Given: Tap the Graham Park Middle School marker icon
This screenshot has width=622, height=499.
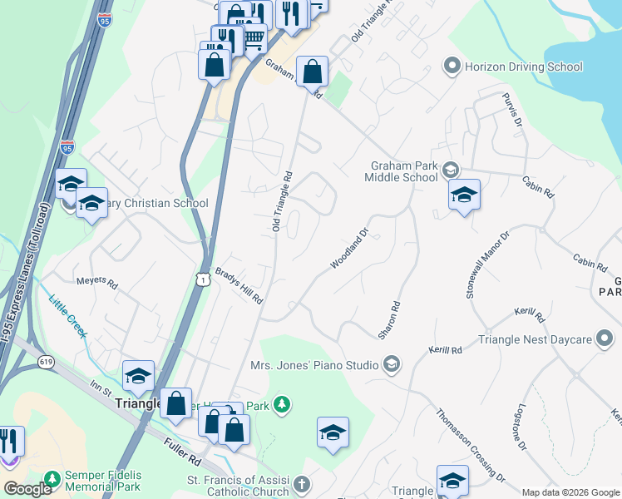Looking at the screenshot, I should point(451,170).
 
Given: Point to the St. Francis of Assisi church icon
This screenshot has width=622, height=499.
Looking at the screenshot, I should point(303,483).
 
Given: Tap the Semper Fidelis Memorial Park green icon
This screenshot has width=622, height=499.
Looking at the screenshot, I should point(52,480).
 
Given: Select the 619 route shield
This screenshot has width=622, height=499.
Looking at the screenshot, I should point(46,362).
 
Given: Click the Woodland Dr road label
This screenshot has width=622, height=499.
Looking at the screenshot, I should point(349,249).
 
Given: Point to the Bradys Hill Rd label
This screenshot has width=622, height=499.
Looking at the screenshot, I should point(239,285).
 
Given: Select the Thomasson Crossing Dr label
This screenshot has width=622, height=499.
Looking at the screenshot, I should point(470,445).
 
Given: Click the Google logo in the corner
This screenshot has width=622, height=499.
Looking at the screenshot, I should point(27,489).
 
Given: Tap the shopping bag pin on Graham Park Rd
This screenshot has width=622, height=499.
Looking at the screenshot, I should point(312,72).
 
